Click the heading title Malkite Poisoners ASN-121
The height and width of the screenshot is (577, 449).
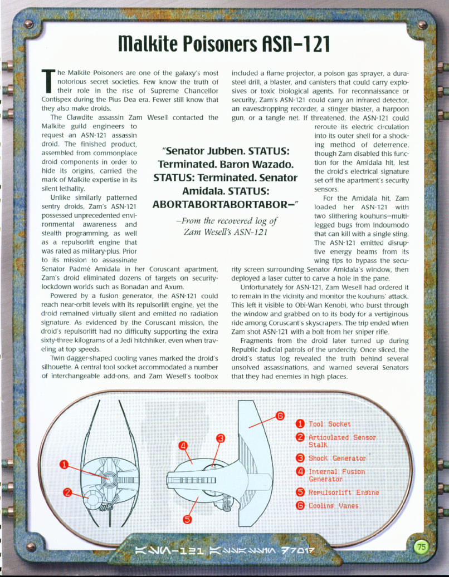click(x=225, y=42)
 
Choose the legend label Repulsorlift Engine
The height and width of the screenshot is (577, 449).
click(x=344, y=492)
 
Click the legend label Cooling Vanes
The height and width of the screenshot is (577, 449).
click(x=334, y=506)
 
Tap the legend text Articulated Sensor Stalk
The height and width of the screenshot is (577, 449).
click(x=341, y=441)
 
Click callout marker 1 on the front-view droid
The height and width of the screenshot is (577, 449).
click(x=65, y=465)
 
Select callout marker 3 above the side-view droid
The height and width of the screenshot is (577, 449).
click(x=221, y=438)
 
